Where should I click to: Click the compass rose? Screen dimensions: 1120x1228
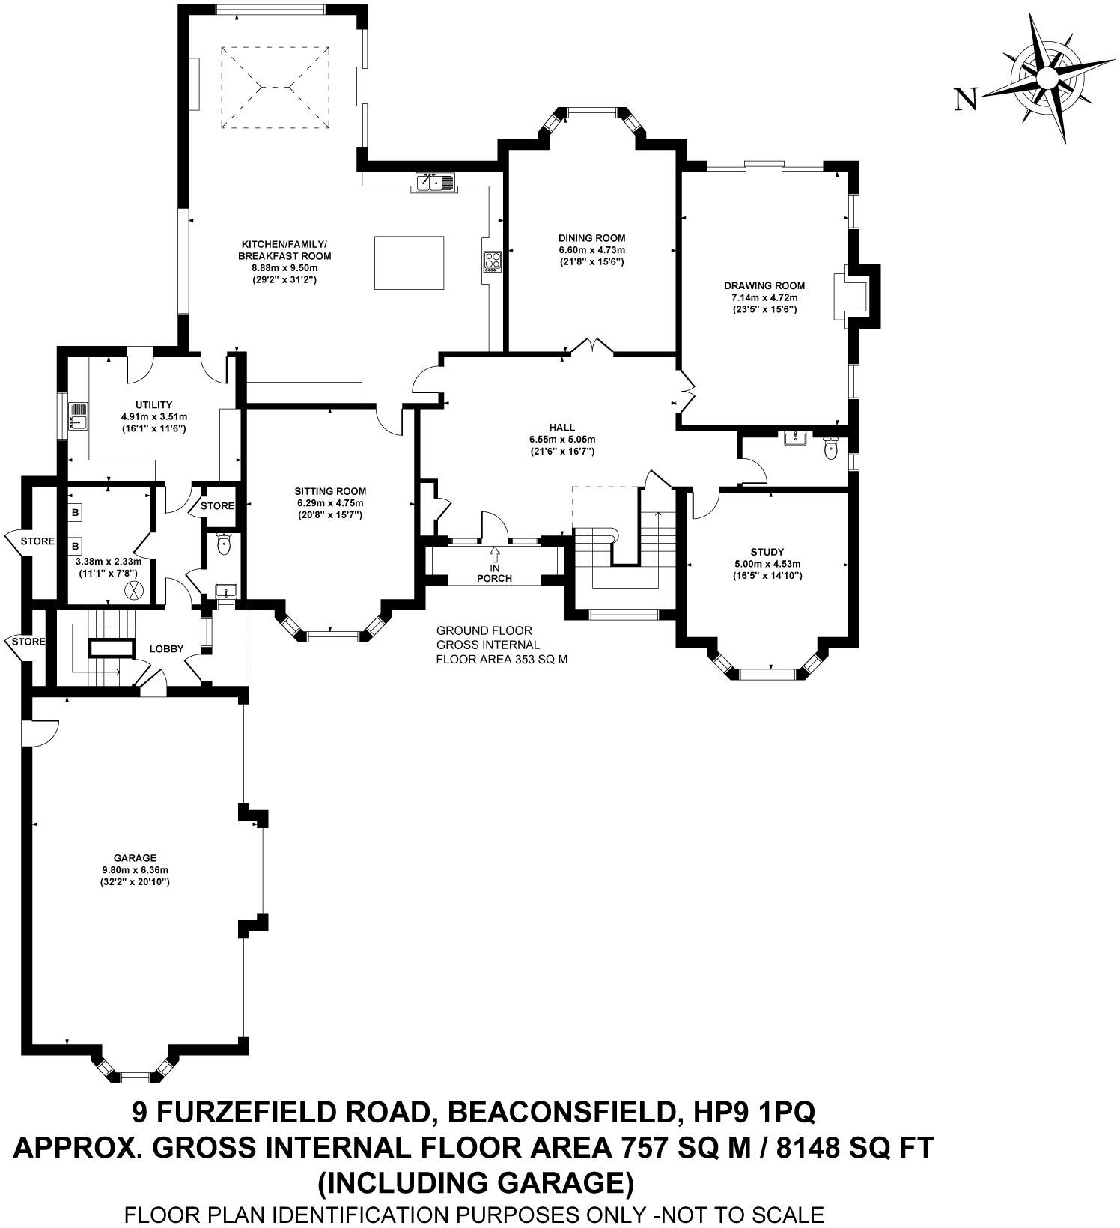click(1047, 78)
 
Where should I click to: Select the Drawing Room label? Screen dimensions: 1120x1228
click(764, 285)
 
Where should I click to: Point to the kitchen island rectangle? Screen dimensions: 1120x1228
click(409, 262)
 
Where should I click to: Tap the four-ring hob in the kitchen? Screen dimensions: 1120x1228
click(492, 261)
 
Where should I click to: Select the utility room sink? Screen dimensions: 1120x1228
click(79, 416)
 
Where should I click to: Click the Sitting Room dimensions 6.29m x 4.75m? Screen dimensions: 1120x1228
click(329, 503)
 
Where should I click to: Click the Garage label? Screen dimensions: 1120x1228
click(135, 858)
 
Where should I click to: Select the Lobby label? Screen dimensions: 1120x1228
click(166, 648)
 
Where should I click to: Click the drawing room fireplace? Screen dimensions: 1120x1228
click(853, 296)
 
